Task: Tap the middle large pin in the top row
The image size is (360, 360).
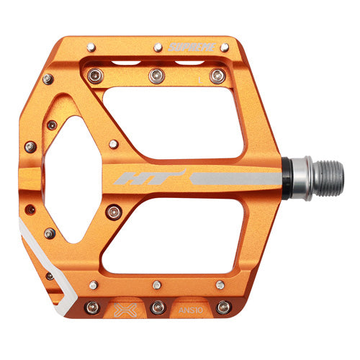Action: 154,74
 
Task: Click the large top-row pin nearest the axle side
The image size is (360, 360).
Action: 215,74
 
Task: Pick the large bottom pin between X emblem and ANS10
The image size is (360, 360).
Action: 157,307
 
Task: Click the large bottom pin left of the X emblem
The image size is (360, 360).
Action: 91,307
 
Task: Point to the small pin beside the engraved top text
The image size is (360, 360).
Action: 156,50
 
